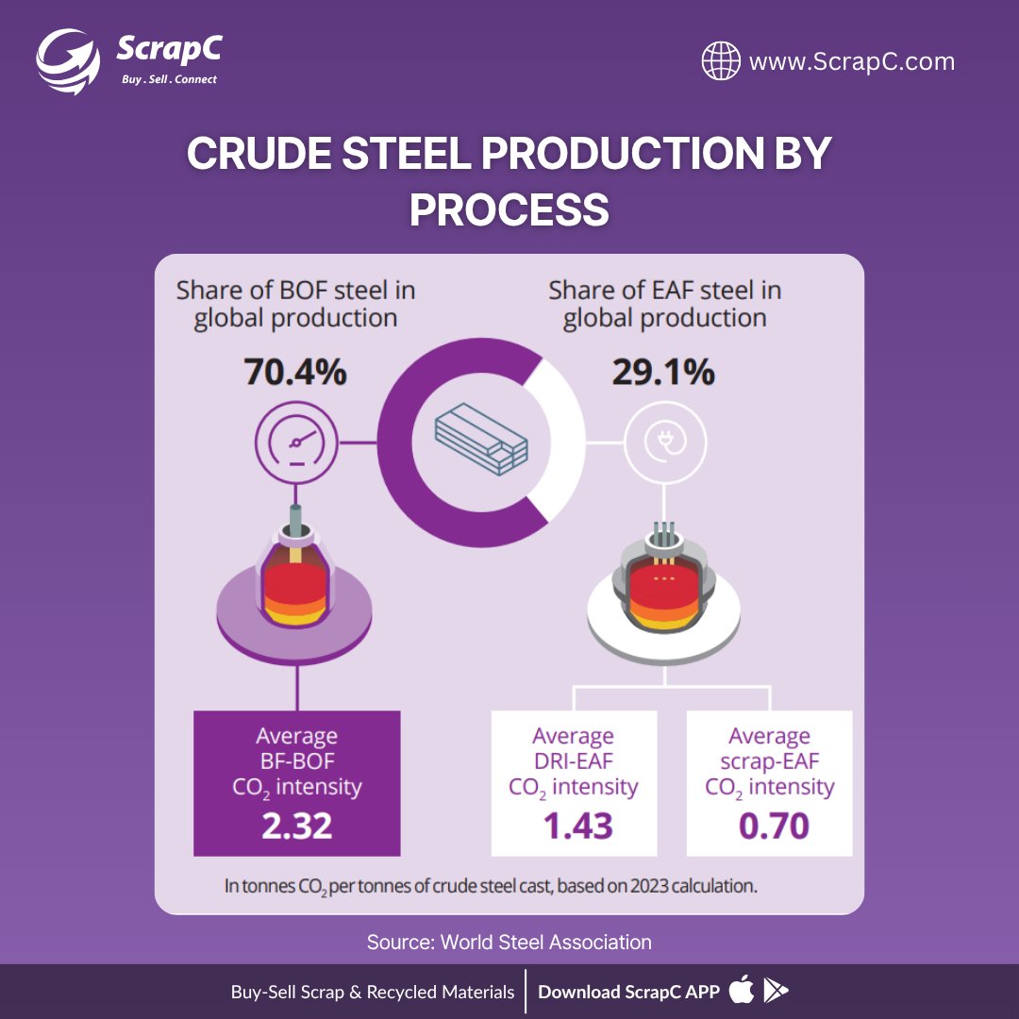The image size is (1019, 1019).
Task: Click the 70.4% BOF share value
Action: click(x=295, y=374)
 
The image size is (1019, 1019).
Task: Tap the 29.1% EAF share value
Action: click(x=663, y=374)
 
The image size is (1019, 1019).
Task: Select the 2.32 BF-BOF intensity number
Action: click(x=296, y=827)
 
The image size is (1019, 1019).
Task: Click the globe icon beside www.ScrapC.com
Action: click(x=721, y=62)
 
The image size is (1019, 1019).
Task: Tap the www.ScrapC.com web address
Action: click(x=851, y=62)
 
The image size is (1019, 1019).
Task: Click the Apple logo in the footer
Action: click(x=742, y=991)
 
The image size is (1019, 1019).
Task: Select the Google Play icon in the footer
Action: click(x=777, y=991)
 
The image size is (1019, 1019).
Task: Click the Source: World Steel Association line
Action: click(x=509, y=942)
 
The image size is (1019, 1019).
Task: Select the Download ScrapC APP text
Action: click(x=628, y=992)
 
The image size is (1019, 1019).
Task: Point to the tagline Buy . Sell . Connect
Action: click(x=169, y=79)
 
